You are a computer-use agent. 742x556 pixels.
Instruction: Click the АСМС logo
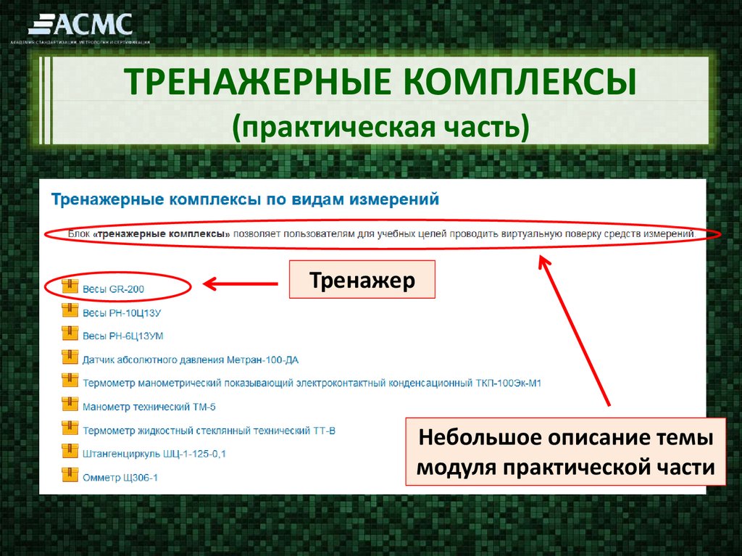(x=81, y=26)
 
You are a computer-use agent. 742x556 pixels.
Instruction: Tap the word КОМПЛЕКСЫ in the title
(x=520, y=83)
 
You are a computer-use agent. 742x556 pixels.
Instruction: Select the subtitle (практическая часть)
(x=381, y=125)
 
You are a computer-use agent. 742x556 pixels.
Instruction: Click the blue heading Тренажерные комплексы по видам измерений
(x=245, y=199)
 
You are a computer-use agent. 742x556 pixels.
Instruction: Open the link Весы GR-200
(x=113, y=289)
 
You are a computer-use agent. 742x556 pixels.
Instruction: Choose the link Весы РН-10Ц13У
(x=121, y=312)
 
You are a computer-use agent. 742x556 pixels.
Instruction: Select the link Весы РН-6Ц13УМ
(x=123, y=336)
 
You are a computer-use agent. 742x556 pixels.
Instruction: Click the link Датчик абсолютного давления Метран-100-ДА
(x=190, y=360)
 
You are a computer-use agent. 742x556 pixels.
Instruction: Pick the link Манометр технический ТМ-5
(x=149, y=407)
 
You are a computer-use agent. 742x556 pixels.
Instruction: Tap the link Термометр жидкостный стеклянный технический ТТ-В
(x=209, y=431)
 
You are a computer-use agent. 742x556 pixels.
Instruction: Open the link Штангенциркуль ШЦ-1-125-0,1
(x=154, y=454)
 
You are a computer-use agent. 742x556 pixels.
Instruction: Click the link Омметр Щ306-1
(x=120, y=478)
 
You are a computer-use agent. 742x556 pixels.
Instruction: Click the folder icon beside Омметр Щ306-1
(x=70, y=476)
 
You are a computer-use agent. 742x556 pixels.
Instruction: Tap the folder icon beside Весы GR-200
(x=70, y=286)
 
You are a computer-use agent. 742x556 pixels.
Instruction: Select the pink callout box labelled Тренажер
(x=362, y=280)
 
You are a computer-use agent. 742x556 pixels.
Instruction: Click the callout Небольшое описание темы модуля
(x=565, y=452)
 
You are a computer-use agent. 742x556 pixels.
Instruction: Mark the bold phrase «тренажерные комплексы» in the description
(x=164, y=234)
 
